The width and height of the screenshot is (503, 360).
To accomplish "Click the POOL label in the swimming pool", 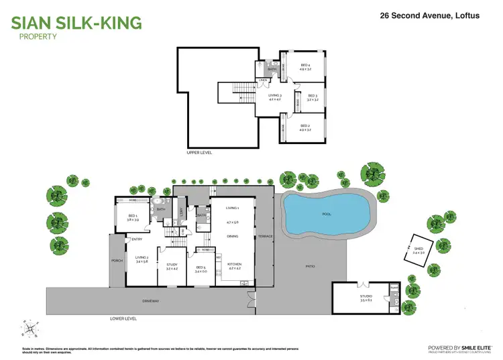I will (327, 215).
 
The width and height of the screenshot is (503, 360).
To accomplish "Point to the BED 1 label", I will (133, 215).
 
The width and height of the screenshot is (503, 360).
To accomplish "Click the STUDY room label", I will (172, 265).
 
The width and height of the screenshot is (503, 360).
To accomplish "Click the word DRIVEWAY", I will (150, 301).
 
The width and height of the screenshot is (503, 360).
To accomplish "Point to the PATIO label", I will (310, 266).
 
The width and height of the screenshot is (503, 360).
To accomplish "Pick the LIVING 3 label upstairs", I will (275, 96).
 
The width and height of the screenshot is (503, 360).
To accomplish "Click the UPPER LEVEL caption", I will (199, 153).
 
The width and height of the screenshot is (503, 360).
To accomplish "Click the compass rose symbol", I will (30, 328).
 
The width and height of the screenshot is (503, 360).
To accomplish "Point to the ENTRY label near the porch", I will (137, 239).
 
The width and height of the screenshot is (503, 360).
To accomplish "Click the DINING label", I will (233, 236).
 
